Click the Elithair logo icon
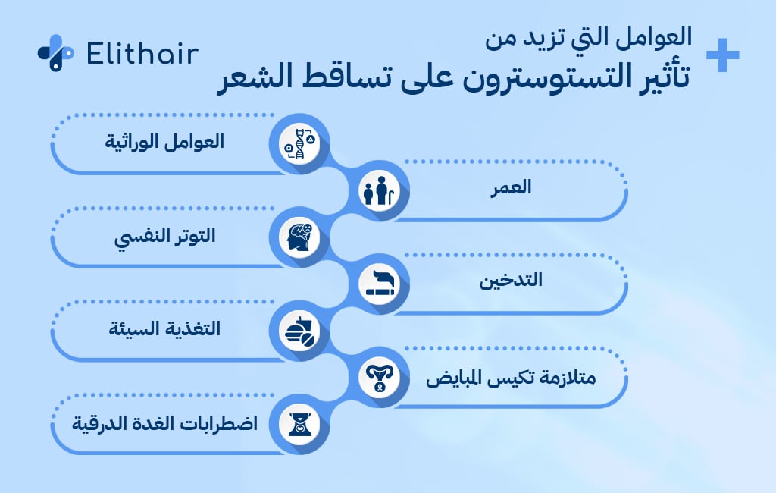tap(55, 53)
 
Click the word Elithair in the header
tap(142, 54)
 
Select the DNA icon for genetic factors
tap(299, 143)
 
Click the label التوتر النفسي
tap(164, 236)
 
